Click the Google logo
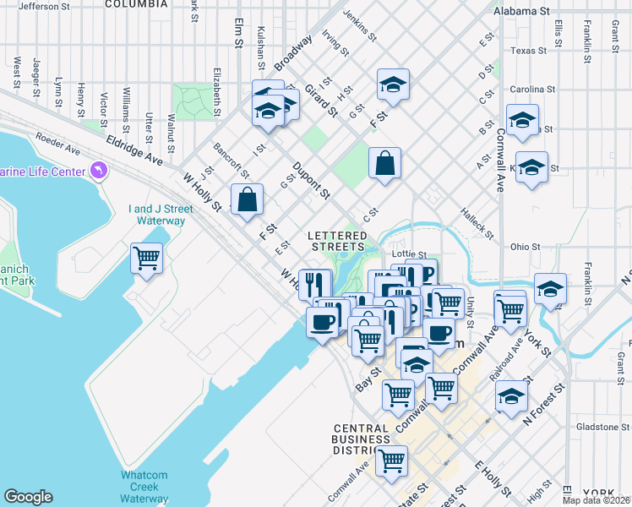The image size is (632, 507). [28, 497]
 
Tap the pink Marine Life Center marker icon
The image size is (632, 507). [100, 172]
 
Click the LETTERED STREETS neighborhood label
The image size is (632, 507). [336, 241]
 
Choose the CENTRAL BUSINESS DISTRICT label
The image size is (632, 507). [361, 439]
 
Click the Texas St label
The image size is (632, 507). [529, 51]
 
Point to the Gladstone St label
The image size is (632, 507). [601, 427]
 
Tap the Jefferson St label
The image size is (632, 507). [44, 6]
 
